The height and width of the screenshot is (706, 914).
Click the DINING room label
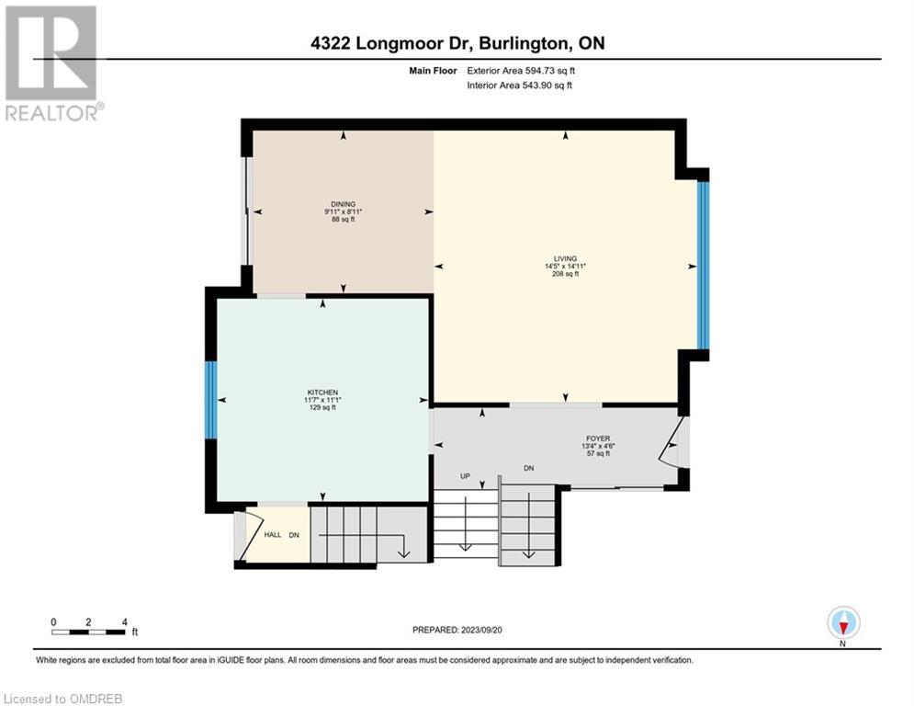pyautogui.click(x=344, y=204)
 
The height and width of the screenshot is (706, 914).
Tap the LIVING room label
pyautogui.click(x=566, y=258)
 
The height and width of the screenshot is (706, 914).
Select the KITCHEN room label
pyautogui.click(x=323, y=393)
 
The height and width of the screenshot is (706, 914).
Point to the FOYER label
pyautogui.click(x=598, y=438)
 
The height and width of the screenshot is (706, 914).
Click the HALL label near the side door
pyautogui.click(x=273, y=534)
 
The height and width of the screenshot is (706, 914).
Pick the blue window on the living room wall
pyautogui.click(x=704, y=266)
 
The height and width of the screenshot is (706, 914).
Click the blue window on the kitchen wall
pyautogui.click(x=210, y=399)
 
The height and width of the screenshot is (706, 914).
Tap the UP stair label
pyautogui.click(x=465, y=476)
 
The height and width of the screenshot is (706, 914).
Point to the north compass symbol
pyautogui.click(x=843, y=623)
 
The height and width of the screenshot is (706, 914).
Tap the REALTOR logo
pyautogui.click(x=51, y=63)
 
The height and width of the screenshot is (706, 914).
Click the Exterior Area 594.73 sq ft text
pyautogui.click(x=521, y=71)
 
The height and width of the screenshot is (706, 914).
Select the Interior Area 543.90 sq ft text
pyautogui.click(x=519, y=85)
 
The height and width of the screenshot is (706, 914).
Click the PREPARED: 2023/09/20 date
pyautogui.click(x=457, y=630)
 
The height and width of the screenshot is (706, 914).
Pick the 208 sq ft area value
pyautogui.click(x=566, y=274)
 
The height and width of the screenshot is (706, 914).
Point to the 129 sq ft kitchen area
pyautogui.click(x=323, y=407)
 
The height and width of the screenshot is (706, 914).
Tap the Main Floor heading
pyautogui.click(x=433, y=71)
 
